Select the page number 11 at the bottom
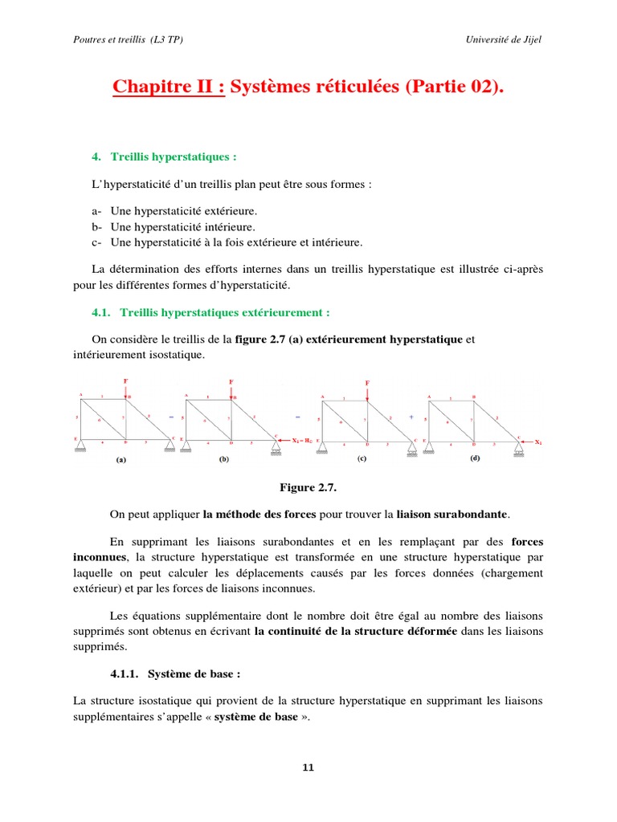[x=308, y=767]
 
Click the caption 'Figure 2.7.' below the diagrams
[x=308, y=487]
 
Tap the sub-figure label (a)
[x=121, y=461]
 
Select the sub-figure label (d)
[x=474, y=458]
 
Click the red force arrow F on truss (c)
[x=367, y=389]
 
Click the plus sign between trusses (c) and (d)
[x=412, y=417]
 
